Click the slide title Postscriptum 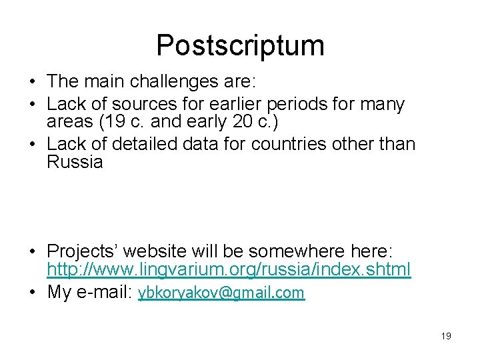[x=240, y=45]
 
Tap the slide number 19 [x=446, y=336]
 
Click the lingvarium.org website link [x=229, y=269]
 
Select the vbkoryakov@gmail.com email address [x=221, y=293]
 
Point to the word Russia [x=75, y=162]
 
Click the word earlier [x=221, y=105]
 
